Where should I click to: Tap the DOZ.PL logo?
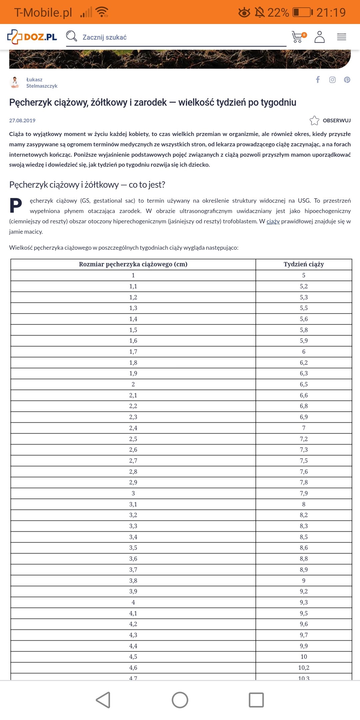tap(32, 37)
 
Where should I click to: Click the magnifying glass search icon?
tap(71, 36)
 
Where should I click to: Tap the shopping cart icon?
tap(298, 37)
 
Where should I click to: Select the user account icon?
tap(319, 37)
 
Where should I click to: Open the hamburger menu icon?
tap(341, 37)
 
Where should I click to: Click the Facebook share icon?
tap(318, 79)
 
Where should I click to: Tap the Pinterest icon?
tap(347, 80)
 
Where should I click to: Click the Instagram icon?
tap(332, 80)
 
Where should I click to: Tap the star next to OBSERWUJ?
tap(314, 120)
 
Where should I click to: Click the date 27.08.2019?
tap(22, 120)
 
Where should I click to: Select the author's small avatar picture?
tap(15, 82)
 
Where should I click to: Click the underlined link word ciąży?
tap(273, 221)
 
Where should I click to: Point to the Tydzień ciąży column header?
tap(304, 264)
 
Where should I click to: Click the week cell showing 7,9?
tap(304, 493)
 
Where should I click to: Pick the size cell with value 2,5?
tap(133, 439)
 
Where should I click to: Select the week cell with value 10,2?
tap(304, 668)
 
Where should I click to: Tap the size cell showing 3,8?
tap(133, 581)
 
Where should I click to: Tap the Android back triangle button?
tap(103, 700)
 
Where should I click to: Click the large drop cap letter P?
tap(16, 205)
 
